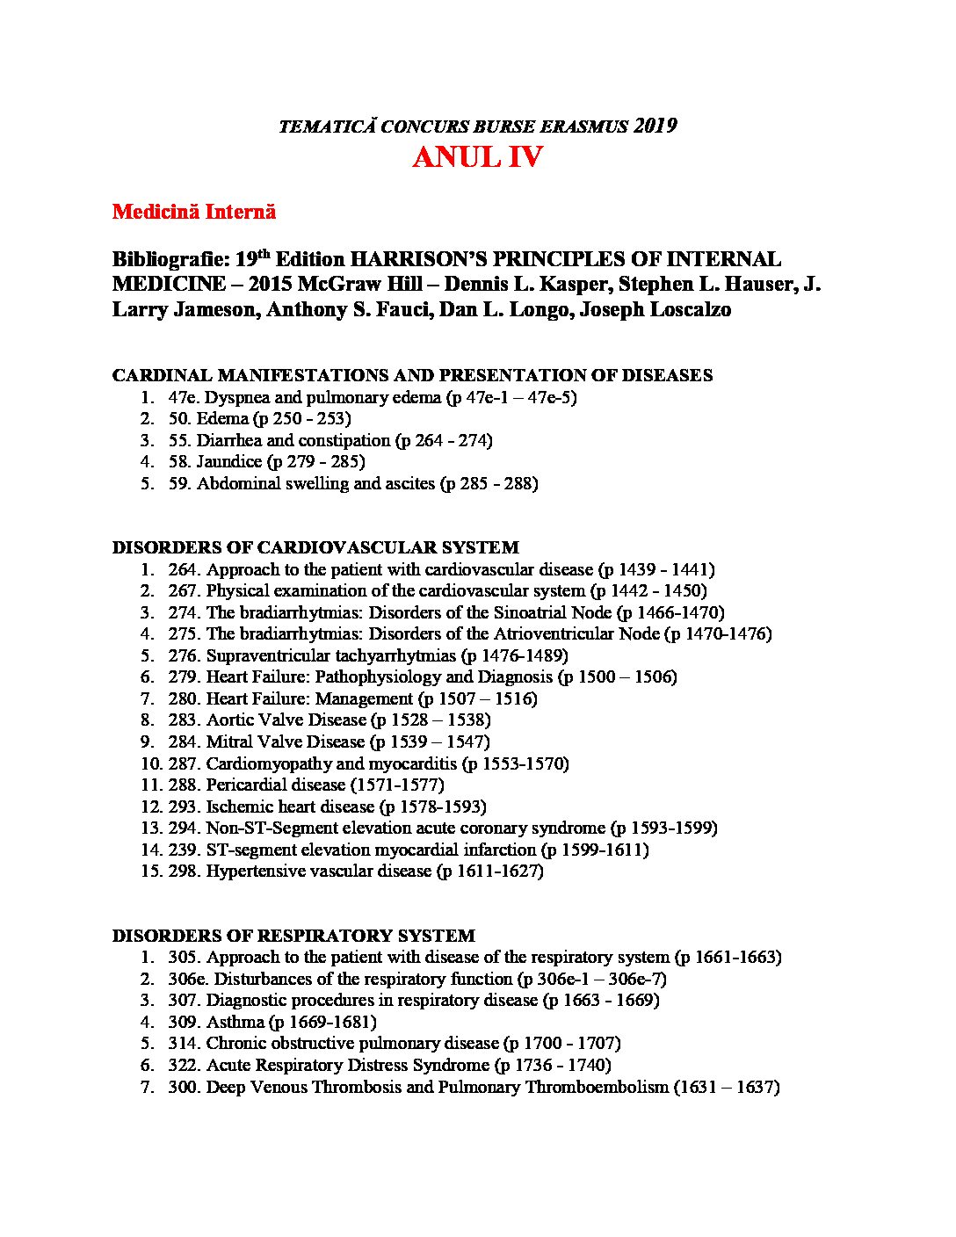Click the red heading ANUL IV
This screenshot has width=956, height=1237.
[x=477, y=158]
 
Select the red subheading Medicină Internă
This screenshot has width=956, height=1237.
[x=194, y=212]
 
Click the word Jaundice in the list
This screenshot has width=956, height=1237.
[x=228, y=462]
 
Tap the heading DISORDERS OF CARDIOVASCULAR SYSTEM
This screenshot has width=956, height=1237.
[x=315, y=547]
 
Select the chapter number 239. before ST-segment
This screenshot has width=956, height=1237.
[x=185, y=850]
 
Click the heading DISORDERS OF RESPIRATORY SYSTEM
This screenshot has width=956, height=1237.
[x=293, y=936]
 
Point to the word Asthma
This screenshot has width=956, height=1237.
[x=235, y=1022]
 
